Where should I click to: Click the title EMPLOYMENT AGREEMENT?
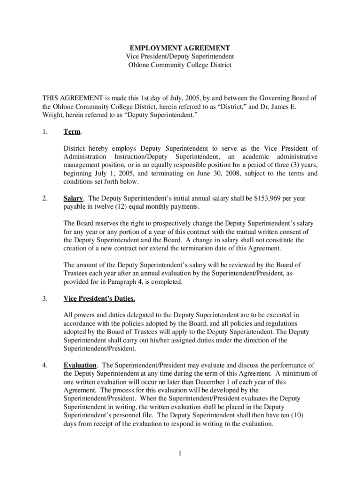[180, 48]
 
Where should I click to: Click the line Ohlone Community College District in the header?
[180, 65]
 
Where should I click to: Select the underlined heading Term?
[72, 132]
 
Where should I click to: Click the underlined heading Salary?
[73, 198]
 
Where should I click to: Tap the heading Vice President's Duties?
[99, 298]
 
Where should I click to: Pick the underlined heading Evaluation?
[80, 365]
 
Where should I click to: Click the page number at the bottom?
[180, 453]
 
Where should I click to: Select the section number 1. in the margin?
[45, 132]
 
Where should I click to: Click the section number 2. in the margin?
[45, 198]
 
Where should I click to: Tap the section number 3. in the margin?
[45, 298]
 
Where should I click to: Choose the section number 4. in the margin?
[45, 365]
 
